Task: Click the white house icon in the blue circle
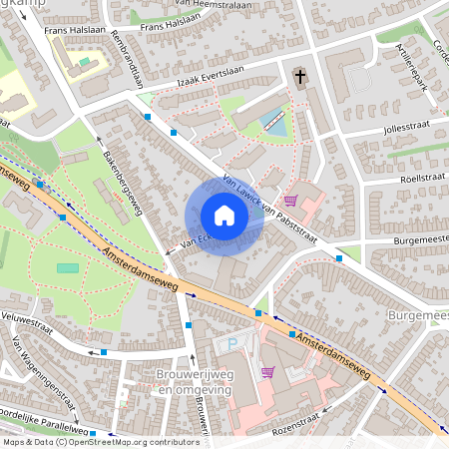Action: (224, 216)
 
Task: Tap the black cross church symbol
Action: (299, 77)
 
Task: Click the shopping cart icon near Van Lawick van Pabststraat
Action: (290, 200)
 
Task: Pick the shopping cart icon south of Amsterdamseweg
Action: (267, 372)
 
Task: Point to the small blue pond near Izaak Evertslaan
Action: (272, 124)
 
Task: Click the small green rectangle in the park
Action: (67, 267)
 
